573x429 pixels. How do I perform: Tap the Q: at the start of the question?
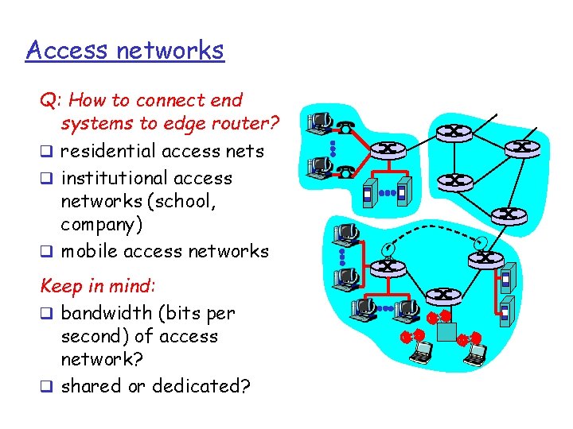pyautogui.click(x=52, y=101)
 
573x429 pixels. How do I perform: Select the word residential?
pyautogui.click(x=111, y=151)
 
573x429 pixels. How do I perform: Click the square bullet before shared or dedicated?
pyautogui.click(x=47, y=386)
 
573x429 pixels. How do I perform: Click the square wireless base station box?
pyautogui.click(x=446, y=330)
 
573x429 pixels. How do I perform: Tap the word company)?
pyautogui.click(x=102, y=225)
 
